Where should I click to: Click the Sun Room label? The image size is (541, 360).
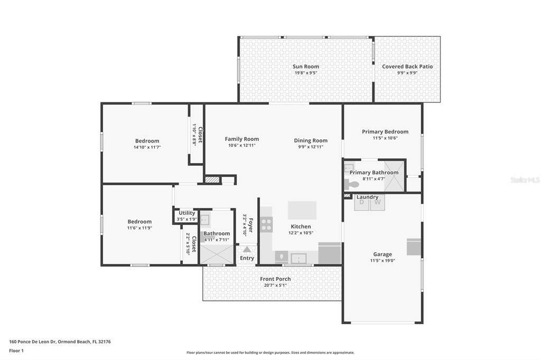coord(306,67)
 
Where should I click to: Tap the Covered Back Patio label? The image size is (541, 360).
coord(407,67)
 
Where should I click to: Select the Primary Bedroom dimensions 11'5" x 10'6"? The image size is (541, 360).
coord(385,138)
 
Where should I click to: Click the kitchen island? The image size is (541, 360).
coord(302,210)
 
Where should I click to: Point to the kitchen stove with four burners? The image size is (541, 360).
coord(266,224)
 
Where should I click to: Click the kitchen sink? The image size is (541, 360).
coord(299,258)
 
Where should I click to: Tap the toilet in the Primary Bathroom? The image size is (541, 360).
coord(351,185)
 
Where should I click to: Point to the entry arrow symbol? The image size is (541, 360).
coord(247,249)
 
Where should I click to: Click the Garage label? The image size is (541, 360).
coord(383,254)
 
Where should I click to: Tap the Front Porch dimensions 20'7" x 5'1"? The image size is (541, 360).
coord(275,285)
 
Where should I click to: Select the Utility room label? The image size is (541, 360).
coord(186,213)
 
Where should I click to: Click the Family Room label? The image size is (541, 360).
coord(242,139)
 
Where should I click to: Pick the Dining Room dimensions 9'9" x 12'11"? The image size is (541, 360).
coord(311,147)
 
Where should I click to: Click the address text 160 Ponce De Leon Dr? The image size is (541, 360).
coord(32,342)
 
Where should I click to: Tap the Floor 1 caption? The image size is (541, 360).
coord(16,350)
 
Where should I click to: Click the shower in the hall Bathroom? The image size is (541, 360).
coord(217,254)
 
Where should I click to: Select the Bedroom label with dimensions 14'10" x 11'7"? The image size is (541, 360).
coord(147,141)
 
